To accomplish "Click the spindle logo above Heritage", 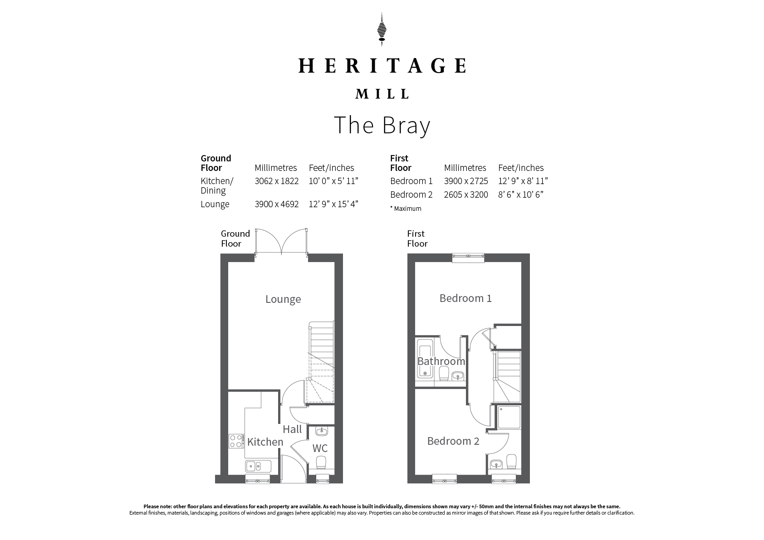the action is [x=382, y=29].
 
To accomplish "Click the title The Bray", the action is [x=382, y=126].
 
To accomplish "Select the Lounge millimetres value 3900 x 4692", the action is [x=277, y=204].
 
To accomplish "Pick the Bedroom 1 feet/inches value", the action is [x=523, y=181].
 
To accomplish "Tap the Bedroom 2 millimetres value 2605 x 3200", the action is [x=466, y=195].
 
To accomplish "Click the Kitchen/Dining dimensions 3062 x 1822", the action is [x=277, y=181].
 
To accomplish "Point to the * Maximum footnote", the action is [x=406, y=208].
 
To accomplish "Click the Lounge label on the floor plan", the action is [x=283, y=299].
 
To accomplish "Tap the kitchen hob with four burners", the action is [x=236, y=441].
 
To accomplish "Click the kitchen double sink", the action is [x=258, y=466].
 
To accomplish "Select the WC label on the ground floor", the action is [x=320, y=448].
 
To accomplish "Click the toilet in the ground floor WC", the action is [x=321, y=462].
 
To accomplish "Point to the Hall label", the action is [x=292, y=429].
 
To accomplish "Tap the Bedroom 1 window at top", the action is [x=468, y=258].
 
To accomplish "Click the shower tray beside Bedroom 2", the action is [x=509, y=417].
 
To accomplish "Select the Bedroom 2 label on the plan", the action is [x=453, y=441].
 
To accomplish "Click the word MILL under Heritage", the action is [x=382, y=94].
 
